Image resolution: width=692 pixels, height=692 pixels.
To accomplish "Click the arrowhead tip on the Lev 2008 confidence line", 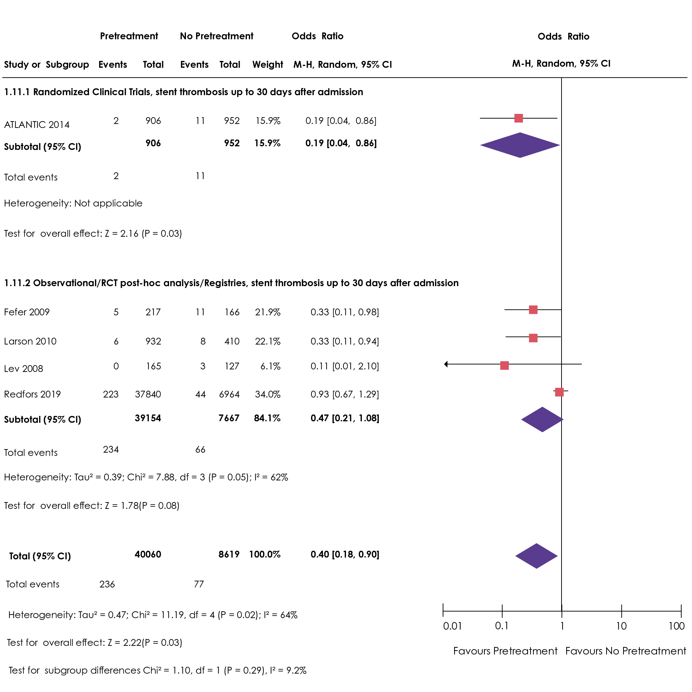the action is coord(444,364).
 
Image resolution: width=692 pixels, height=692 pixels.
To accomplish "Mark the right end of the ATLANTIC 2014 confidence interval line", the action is coord(557,118).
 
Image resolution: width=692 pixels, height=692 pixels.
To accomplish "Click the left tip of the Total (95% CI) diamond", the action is coord(515,556).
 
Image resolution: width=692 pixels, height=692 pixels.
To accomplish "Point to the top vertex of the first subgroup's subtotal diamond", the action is coord(520,133).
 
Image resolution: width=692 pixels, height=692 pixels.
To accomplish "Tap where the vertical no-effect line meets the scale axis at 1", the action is coord(562,611).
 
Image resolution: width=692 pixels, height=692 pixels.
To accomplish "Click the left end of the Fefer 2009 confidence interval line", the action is coord(505,310).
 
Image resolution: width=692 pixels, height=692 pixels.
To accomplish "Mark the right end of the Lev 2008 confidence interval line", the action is coord(582,364).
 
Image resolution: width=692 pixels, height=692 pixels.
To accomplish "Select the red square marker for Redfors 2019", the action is coord(559,392).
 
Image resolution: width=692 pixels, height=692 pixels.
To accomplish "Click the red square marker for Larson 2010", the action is coord(533,338).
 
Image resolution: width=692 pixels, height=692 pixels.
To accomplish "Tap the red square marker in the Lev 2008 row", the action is coord(505,365).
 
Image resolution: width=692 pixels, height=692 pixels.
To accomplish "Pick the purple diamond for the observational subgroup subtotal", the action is coord(542,420).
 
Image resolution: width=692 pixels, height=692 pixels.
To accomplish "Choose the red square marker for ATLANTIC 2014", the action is coord(519,118).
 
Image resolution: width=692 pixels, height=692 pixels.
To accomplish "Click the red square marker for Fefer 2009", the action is coord(533,310).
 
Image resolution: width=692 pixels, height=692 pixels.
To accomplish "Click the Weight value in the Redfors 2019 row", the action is coord(267,394).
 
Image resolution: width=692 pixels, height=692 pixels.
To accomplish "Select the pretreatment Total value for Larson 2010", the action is coord(153,341).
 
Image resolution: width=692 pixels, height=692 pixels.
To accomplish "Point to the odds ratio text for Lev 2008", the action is coord(345,366).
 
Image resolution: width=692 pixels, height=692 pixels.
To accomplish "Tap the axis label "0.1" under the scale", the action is coord(502,626).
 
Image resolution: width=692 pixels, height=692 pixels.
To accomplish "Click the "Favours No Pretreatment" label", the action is coord(626,651).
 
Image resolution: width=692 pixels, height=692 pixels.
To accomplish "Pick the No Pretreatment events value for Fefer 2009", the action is coord(200,312).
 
